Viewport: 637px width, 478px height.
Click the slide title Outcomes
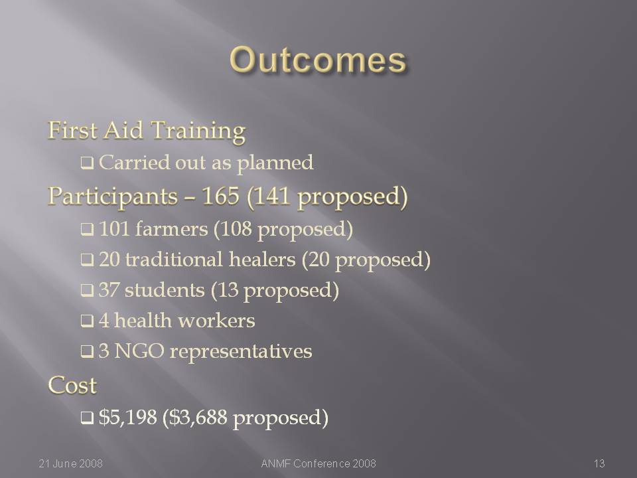point(318,60)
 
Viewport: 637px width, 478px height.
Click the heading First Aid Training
point(147,131)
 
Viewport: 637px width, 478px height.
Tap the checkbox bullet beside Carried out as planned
point(87,163)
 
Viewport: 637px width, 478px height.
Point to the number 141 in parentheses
point(272,196)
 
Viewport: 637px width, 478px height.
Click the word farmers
point(171,229)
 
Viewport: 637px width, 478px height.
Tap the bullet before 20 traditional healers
point(87,260)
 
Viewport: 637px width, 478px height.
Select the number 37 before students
point(109,290)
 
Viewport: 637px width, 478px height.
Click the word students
point(165,290)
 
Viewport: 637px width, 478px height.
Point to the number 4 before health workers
point(104,321)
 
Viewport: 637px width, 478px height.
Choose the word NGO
point(139,351)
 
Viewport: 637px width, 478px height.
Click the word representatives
point(241,352)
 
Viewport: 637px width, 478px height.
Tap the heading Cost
point(72,385)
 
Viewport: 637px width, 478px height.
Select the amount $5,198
point(127,417)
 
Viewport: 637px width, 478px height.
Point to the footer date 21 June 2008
point(71,463)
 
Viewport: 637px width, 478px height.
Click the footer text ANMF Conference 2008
point(318,463)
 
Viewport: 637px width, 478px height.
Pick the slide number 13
point(599,463)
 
